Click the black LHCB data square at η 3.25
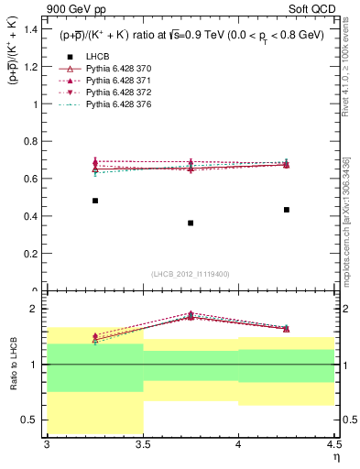pos(95,201)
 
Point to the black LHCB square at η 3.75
pos(191,223)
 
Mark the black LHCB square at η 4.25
pos(287,210)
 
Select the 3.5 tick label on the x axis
pos(143,444)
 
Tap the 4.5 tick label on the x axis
pos(333,444)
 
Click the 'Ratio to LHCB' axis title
pos(13,365)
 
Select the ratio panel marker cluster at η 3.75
pos(191,315)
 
